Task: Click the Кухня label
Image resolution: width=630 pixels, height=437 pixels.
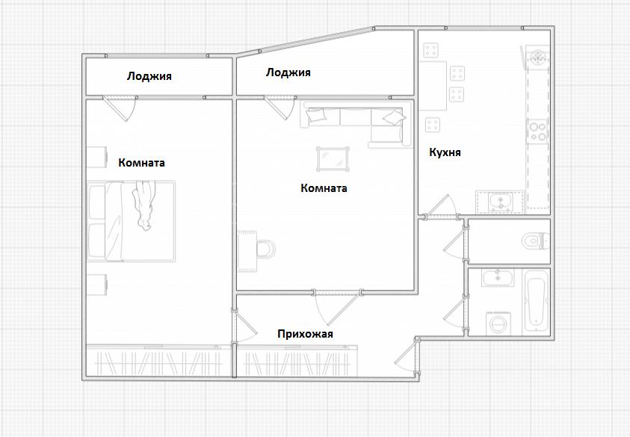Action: (445, 152)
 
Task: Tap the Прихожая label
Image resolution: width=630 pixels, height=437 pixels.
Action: (305, 334)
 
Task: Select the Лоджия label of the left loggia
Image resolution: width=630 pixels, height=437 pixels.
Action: (149, 76)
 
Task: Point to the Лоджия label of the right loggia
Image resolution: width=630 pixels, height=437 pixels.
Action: (288, 72)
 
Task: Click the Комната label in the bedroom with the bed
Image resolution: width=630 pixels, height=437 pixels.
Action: (141, 163)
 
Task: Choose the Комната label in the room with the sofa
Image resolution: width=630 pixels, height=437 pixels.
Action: (324, 188)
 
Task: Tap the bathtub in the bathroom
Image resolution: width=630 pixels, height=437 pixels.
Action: (536, 302)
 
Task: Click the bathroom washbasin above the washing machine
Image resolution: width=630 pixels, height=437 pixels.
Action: (498, 278)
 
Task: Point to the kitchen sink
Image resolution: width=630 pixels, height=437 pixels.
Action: (501, 201)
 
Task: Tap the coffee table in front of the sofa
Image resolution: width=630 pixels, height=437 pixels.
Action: (333, 159)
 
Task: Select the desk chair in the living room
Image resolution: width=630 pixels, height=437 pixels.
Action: (265, 249)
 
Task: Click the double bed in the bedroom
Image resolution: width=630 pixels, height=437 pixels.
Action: (132, 221)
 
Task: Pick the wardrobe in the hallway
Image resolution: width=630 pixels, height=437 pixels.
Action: (297, 361)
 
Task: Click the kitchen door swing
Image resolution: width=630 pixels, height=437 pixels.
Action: (442, 206)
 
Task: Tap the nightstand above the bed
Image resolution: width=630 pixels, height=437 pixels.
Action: (97, 157)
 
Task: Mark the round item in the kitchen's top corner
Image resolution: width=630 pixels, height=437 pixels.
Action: (538, 58)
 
